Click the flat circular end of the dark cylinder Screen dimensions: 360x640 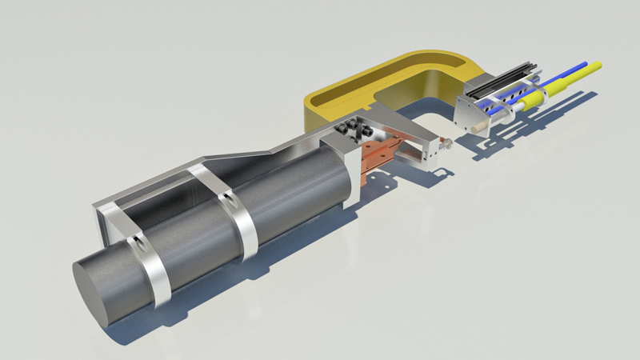pyautogui.click(x=108, y=287)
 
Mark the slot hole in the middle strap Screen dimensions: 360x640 pyautogui.click(x=229, y=196)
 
